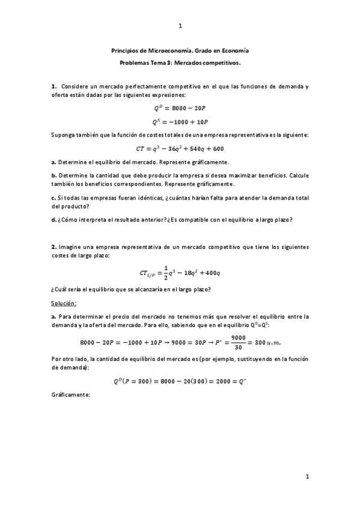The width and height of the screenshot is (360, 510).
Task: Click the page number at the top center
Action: pos(180,26)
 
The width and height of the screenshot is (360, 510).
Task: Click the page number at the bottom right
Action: pos(307,477)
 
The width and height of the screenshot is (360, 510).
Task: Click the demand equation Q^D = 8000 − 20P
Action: pos(180,108)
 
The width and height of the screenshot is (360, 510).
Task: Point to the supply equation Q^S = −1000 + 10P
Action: pos(180,121)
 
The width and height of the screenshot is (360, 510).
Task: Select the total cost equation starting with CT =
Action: pos(180,149)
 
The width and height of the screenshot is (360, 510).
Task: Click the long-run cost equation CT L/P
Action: pos(180,274)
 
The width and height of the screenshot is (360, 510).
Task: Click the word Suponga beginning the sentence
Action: pos(64,135)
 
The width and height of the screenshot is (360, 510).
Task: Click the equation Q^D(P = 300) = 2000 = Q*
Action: pos(180,381)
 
